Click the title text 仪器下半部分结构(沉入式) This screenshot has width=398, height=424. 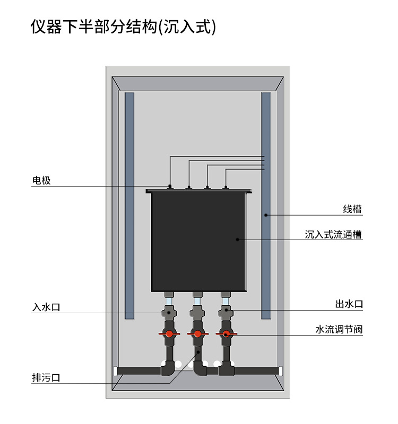tap(124, 27)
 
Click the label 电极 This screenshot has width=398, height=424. tap(41, 180)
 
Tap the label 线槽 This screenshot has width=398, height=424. tap(352, 209)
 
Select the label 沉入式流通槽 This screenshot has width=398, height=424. tap(334, 234)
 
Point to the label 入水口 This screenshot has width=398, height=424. tap(46, 307)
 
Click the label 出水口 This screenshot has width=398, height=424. tap(349, 304)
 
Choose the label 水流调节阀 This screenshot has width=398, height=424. tap(339, 329)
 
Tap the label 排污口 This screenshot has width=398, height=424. tap(46, 378)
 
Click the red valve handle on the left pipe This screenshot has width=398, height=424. tap(169, 334)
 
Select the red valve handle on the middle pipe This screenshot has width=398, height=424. tap(197, 334)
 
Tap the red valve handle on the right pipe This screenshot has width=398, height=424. tap(226, 334)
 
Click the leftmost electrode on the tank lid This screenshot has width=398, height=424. tap(169, 186)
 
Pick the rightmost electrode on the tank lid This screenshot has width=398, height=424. tap(226, 186)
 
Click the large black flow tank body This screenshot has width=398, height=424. tap(199, 241)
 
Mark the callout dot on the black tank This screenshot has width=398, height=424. tap(238, 240)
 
